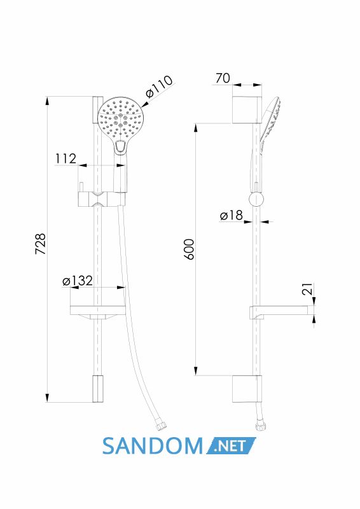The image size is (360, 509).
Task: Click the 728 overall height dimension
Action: pos(41,244)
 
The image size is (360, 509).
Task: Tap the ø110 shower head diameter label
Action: pos(159,87)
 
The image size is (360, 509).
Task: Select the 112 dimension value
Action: pos(66,158)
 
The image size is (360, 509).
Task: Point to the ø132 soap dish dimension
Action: pos(78,281)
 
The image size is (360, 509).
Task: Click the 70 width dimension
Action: pos(223,78)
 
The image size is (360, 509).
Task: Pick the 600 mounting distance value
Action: pos(189,249)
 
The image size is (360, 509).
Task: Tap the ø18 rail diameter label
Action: pos(231,215)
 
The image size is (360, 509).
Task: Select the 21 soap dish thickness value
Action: pos(307,289)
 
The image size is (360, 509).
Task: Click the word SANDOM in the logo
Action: pos(153,446)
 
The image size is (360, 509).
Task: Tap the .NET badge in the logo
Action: pos(230,446)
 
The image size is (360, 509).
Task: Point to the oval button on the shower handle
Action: pos(120,147)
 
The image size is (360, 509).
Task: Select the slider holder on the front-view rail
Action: pos(102,199)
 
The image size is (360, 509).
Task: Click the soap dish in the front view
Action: pos(98,312)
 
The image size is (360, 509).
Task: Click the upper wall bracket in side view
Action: pos(247,109)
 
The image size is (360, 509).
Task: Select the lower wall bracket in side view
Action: pos(247,389)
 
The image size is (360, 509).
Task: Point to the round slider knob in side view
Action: pos(256,199)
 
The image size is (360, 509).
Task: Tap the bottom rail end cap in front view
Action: pos(98,389)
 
